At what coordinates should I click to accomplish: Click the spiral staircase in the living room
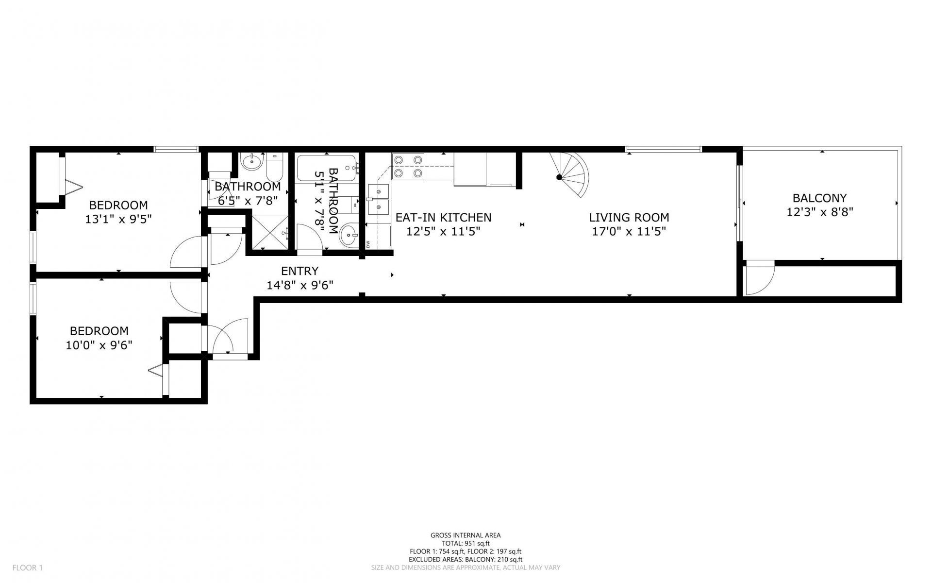573,175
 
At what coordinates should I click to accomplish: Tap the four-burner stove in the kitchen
408,166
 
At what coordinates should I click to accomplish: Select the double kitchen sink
379,200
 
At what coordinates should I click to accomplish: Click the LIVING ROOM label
629,218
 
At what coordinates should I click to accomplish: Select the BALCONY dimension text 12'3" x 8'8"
820,212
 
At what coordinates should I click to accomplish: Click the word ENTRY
300,271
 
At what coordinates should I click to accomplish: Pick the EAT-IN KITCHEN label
443,218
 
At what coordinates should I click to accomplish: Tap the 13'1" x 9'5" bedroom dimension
118,219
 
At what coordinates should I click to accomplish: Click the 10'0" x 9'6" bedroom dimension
99,345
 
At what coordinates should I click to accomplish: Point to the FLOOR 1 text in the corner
28,567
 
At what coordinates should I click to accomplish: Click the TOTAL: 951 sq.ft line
466,543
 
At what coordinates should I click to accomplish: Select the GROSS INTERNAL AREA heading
466,535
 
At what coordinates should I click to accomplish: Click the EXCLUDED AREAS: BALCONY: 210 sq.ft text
466,559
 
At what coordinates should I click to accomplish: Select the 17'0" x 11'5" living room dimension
629,231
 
